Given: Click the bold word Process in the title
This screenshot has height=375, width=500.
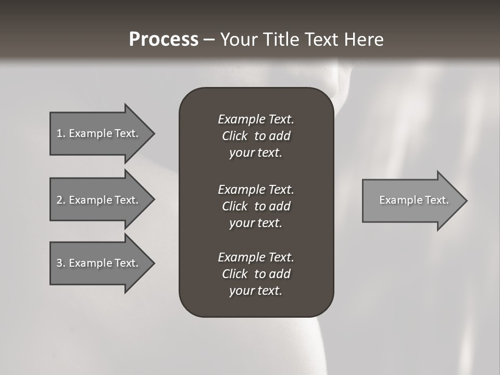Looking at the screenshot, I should tap(164, 40).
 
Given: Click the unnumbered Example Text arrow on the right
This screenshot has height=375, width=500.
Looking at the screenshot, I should tap(414, 200).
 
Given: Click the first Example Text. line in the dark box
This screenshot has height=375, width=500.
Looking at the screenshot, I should tap(256, 119).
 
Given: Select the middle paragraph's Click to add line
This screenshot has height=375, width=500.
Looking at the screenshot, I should tap(256, 206).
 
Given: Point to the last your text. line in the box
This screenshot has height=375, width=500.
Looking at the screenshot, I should tap(256, 291).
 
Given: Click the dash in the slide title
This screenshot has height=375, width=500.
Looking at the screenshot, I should tap(209, 40).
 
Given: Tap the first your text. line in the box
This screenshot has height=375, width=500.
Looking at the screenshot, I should tap(256, 153).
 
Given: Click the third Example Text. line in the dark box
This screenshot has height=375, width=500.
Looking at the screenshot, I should tap(256, 257).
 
